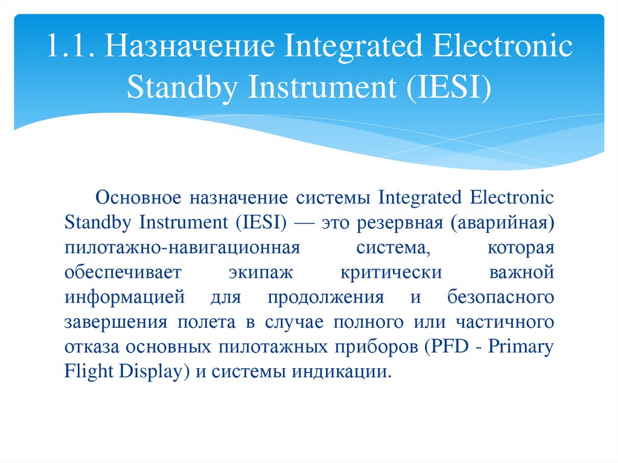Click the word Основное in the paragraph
(x=139, y=198)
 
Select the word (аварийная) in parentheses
(x=501, y=223)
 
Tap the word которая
(x=520, y=248)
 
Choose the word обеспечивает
(x=123, y=273)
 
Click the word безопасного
(x=500, y=298)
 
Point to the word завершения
(x=115, y=322)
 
